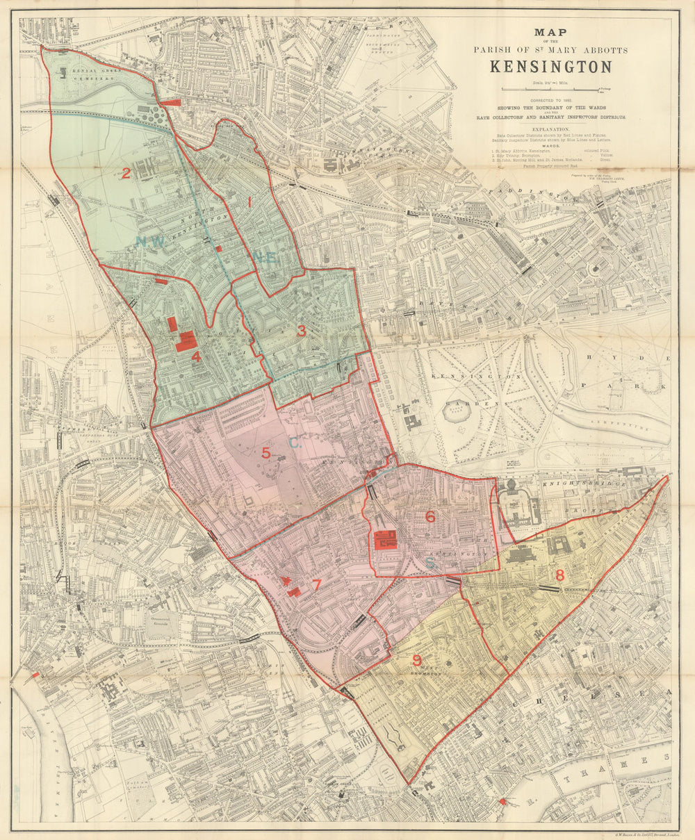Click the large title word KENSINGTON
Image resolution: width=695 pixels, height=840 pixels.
[551, 67]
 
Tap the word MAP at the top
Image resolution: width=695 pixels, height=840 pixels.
[550, 31]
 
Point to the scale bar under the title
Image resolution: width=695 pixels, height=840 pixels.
[550, 90]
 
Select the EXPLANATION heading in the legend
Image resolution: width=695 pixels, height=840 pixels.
[550, 129]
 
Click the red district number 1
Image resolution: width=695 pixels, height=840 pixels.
[250, 201]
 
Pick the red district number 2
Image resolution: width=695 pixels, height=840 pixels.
[126, 173]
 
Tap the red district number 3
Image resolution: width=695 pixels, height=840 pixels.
[301, 331]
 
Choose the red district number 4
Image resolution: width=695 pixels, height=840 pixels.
[197, 356]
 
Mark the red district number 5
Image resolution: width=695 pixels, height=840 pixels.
[265, 453]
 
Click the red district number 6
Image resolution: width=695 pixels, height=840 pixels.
[430, 516]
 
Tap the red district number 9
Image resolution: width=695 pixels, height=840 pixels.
[417, 659]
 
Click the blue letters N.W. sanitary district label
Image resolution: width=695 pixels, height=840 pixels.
[151, 242]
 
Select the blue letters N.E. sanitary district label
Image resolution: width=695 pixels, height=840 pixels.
[265, 257]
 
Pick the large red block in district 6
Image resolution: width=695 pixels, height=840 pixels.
[386, 539]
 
